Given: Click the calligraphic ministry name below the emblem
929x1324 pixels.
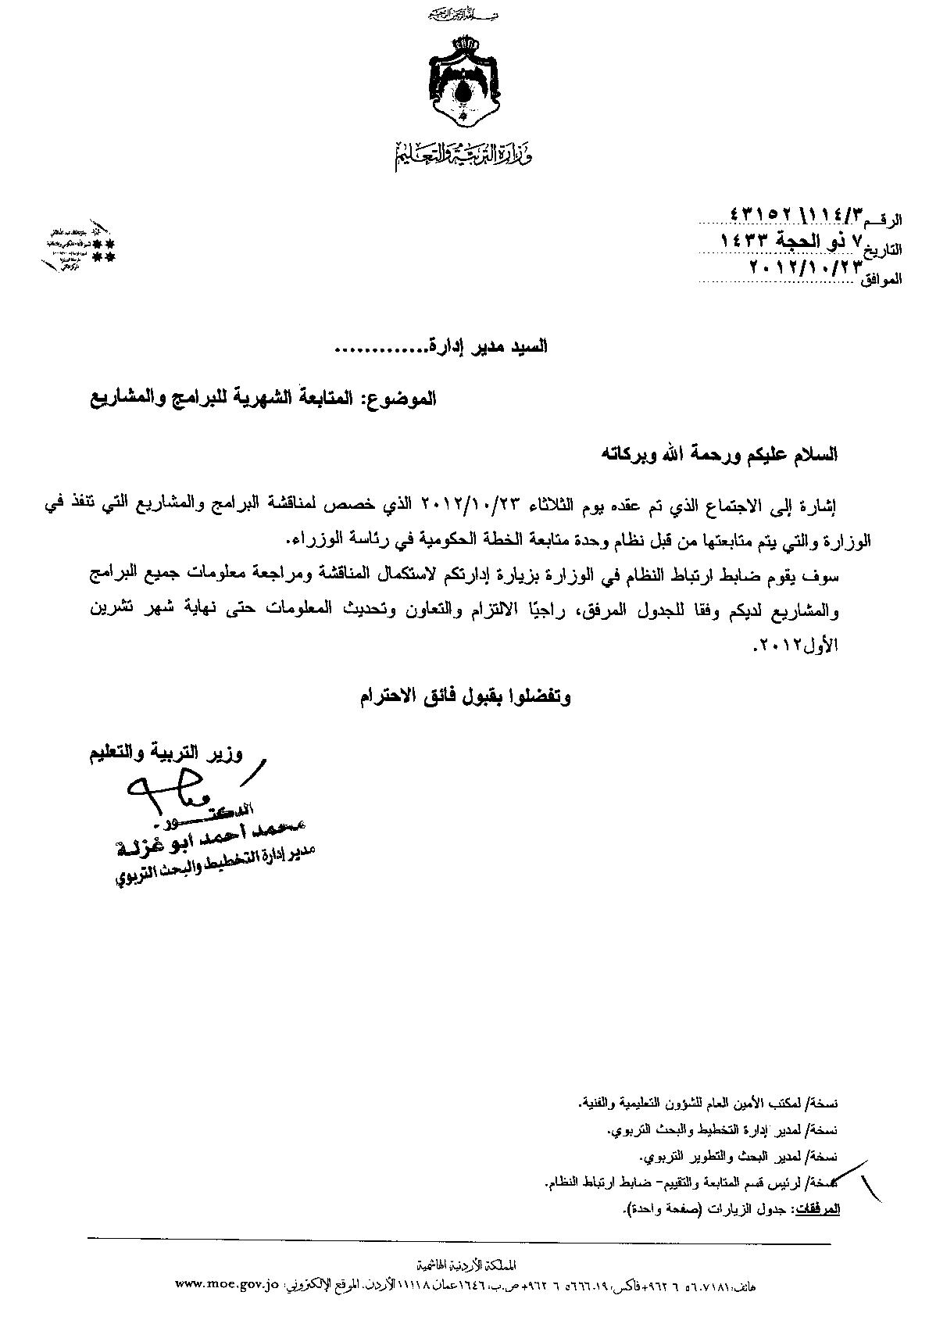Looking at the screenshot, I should pyautogui.click(x=463, y=152).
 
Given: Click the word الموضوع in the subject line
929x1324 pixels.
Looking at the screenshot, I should pyautogui.click(x=404, y=398).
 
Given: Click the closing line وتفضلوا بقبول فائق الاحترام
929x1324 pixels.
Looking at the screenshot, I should pyautogui.click(x=466, y=696).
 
